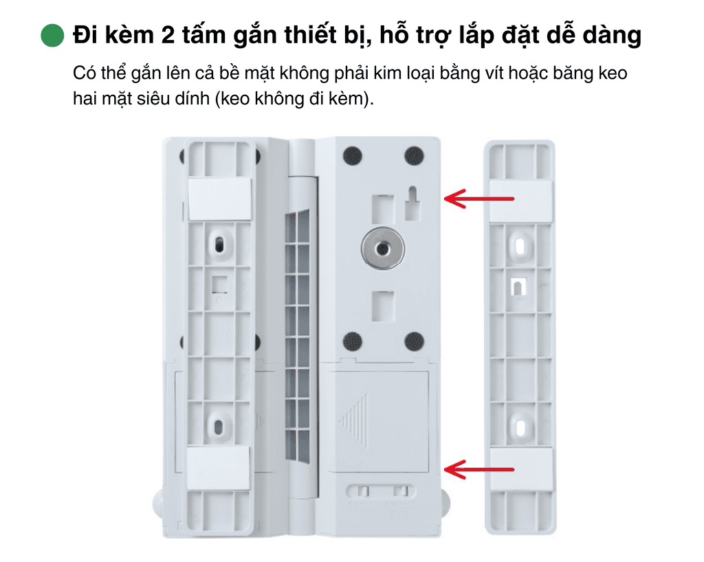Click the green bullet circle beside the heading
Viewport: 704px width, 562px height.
tap(52, 35)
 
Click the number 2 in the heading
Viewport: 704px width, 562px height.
tap(168, 34)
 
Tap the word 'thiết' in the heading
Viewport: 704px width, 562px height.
tap(310, 34)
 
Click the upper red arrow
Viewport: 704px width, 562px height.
tap(478, 199)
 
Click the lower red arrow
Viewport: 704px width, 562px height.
tap(478, 470)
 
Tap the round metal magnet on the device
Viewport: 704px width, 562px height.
tap(382, 249)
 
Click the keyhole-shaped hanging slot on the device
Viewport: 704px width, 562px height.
tap(412, 203)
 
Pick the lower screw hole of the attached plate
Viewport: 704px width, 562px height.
tap(218, 427)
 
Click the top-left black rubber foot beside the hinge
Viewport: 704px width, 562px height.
tap(353, 156)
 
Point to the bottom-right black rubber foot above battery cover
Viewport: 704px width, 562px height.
tap(414, 341)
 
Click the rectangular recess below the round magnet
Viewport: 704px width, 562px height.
tap(383, 306)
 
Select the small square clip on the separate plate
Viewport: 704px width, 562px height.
tap(518, 286)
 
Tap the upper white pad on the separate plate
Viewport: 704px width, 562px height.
tap(521, 201)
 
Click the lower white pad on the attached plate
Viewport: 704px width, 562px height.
tap(218, 467)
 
